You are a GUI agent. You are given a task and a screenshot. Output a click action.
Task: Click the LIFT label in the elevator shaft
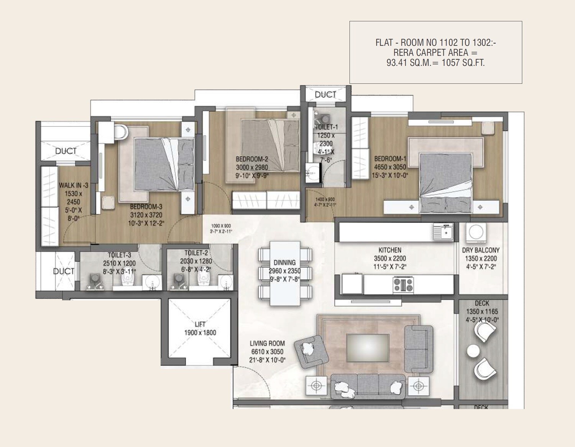click(200, 324)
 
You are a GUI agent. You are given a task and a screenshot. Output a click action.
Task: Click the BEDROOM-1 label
click(390, 159)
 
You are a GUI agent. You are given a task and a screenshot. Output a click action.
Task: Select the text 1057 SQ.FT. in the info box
click(463, 63)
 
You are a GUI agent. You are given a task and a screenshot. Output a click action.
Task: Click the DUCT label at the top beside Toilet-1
click(325, 95)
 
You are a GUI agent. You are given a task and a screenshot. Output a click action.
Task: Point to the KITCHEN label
click(390, 250)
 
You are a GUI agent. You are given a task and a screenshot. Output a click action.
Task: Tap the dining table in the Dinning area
click(285, 273)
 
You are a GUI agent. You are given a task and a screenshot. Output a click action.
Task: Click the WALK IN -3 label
click(73, 185)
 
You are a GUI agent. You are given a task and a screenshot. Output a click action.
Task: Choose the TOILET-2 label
click(196, 253)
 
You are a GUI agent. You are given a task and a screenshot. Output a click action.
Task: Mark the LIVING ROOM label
click(267, 343)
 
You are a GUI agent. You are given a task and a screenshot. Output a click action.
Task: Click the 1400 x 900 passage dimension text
click(325, 200)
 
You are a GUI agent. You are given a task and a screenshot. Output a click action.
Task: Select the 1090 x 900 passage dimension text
click(221, 226)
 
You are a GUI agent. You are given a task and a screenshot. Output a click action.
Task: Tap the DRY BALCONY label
click(481, 250)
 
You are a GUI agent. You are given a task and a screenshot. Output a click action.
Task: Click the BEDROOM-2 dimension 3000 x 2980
click(251, 167)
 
